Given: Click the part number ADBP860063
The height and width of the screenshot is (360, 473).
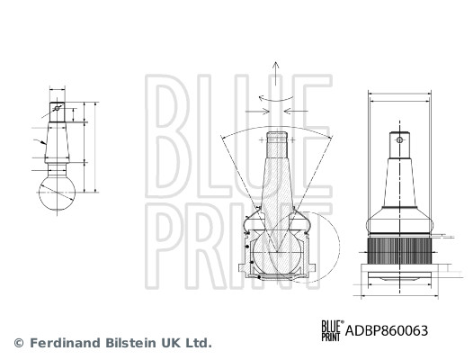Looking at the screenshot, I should [x=388, y=330].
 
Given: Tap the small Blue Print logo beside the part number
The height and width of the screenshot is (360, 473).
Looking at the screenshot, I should [x=331, y=330].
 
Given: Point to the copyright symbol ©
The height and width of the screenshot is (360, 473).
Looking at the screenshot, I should [x=18, y=343].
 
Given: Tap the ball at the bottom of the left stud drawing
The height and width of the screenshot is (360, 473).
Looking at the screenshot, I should [x=57, y=191].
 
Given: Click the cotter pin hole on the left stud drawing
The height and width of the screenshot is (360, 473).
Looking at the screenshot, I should [x=57, y=111].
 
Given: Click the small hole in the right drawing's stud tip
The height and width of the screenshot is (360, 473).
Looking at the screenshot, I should [x=398, y=140].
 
